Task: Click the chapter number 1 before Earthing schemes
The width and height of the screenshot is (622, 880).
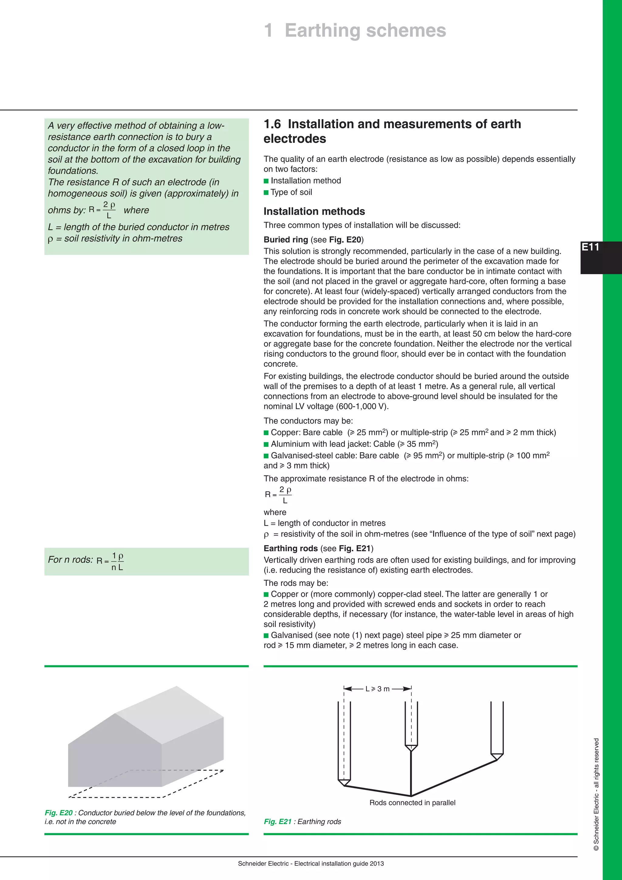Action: [x=268, y=30]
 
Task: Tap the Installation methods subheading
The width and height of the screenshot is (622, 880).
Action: [x=314, y=211]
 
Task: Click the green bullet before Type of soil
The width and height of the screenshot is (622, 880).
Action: [x=266, y=192]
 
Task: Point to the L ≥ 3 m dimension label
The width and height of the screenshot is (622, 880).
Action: [x=377, y=689]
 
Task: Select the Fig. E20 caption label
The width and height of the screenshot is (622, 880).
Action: [x=59, y=813]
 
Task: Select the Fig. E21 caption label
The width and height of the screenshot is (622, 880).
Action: [x=278, y=821]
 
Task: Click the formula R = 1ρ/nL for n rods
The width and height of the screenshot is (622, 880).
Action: [x=110, y=561]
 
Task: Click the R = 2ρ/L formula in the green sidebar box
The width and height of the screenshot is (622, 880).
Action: [x=102, y=210]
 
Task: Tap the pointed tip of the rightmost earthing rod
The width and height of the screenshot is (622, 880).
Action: [x=497, y=757]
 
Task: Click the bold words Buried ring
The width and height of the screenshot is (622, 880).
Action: [x=286, y=239]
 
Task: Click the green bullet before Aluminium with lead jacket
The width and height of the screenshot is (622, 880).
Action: [x=266, y=444]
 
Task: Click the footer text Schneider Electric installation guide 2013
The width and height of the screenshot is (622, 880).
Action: [x=311, y=864]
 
